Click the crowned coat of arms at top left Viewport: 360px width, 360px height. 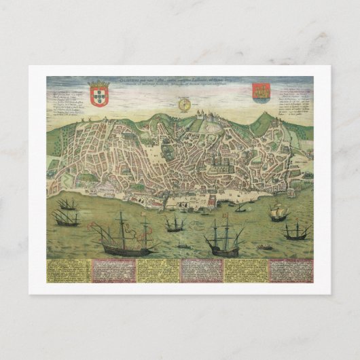(x=99, y=94)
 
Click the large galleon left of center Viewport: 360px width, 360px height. (x=123, y=236)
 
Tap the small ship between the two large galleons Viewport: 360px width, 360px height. (x=175, y=222)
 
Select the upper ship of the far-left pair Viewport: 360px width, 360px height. (x=67, y=204)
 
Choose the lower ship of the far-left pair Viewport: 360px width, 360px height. (x=65, y=217)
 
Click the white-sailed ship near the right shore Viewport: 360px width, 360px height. (x=278, y=213)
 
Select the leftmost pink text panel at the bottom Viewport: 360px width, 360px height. (x=113, y=270)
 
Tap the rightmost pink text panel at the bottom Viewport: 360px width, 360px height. (x=291, y=270)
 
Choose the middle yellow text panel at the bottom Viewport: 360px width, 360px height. (x=157, y=270)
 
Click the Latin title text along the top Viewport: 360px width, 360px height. (x=180, y=84)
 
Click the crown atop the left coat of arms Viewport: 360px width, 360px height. (x=99, y=84)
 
